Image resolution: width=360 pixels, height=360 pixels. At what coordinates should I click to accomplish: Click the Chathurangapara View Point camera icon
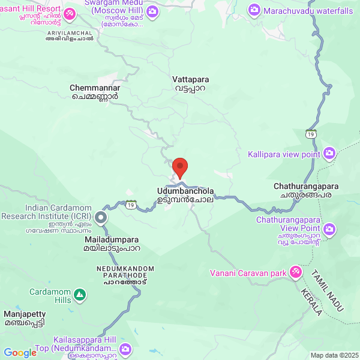point(329,229)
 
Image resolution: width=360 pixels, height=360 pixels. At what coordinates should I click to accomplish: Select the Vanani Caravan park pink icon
point(295,273)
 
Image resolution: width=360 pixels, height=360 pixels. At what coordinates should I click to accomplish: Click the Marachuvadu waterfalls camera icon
point(254,11)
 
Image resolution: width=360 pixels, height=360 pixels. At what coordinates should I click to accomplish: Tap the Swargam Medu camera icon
point(153,11)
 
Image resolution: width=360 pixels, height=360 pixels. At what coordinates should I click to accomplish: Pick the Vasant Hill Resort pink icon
point(70,13)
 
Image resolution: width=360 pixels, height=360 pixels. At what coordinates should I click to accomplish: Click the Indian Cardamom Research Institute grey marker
point(101,218)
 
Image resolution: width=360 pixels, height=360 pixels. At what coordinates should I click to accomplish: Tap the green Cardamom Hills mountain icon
point(79,295)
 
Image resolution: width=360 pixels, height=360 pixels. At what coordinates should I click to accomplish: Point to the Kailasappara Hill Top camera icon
point(125,349)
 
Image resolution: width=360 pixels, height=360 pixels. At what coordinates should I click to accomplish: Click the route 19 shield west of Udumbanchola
point(130,205)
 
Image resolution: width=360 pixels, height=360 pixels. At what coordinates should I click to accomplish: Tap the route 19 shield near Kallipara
point(310,133)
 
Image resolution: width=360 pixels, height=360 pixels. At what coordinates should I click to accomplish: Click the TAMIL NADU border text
point(327,290)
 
